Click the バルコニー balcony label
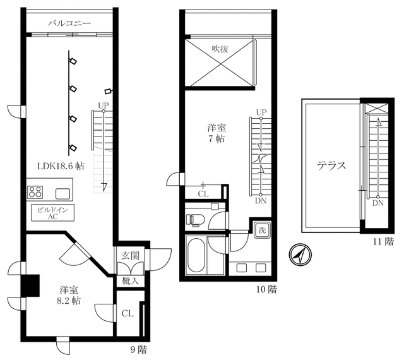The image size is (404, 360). [69, 23]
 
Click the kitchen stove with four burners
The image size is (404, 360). [35, 192]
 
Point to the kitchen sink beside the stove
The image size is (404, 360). [64, 193]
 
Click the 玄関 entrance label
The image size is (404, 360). [131, 255]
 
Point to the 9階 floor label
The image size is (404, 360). [138, 349]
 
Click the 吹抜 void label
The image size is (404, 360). [220, 48]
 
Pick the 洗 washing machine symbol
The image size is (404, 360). [261, 230]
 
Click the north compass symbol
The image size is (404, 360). [297, 254]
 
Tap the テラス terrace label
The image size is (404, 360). [331, 167]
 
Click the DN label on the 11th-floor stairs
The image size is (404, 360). [377, 203]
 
